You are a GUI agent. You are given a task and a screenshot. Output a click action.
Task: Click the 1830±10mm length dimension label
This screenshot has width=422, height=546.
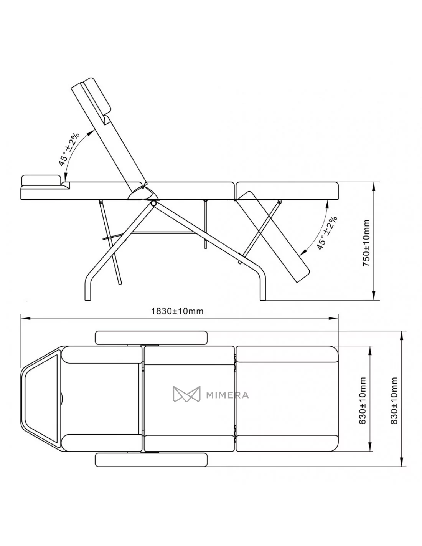(177, 311)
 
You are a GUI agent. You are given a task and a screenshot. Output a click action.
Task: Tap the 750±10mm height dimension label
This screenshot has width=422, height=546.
(366, 243)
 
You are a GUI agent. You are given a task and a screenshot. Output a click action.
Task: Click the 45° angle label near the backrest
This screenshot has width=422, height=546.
(69, 149)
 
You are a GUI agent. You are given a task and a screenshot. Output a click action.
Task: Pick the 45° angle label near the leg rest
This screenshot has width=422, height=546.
(327, 233)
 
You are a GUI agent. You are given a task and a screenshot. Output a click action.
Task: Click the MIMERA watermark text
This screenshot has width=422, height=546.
(227, 395)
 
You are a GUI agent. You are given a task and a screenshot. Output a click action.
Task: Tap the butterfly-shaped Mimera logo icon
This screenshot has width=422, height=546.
(186, 394)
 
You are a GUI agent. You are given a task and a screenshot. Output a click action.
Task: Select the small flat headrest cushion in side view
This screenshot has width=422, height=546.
(41, 180)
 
